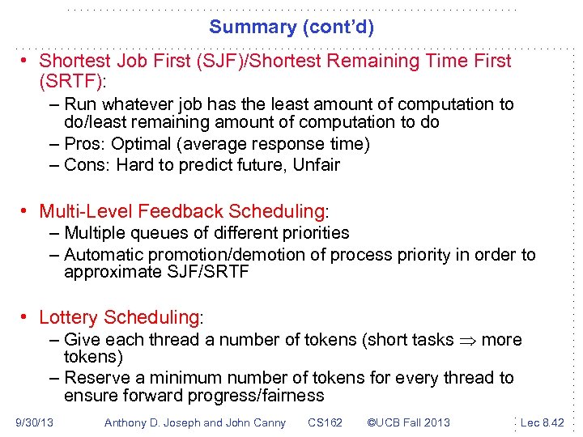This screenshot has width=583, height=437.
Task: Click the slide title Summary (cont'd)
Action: pos(291,27)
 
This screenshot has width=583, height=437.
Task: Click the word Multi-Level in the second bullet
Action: pos(86,211)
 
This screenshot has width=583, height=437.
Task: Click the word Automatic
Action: pos(100,255)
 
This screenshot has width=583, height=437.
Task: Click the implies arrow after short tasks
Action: pos(467,340)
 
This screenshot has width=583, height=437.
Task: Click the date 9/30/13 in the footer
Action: pos(34,422)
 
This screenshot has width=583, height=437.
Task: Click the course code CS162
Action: pos(326,422)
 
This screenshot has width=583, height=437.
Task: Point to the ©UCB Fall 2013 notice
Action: pos(409,422)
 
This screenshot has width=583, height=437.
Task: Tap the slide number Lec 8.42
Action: pos(543,422)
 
